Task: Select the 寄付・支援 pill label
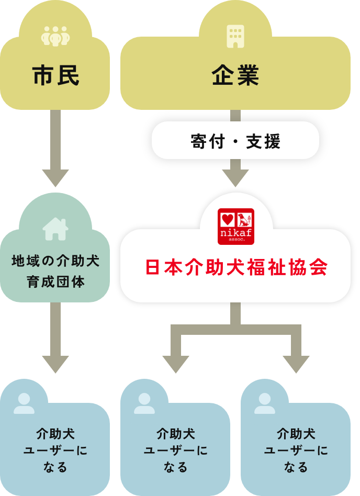pos(235,141)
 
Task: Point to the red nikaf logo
pos(235,227)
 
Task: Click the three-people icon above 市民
pos(55,36)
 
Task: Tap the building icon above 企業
pos(235,36)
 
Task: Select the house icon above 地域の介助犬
pos(55,229)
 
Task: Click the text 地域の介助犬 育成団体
pos(55,271)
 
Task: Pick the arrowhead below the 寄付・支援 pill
pos(235,178)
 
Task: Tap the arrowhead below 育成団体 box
pos(55,364)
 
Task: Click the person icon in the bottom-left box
pos(24,403)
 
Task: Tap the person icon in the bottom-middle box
pos(144,403)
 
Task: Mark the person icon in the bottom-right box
pos(265,403)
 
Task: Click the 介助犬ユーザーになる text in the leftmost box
pos(55,450)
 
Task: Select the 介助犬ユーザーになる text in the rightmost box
pos(296,450)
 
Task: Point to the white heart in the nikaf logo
pos(227,219)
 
